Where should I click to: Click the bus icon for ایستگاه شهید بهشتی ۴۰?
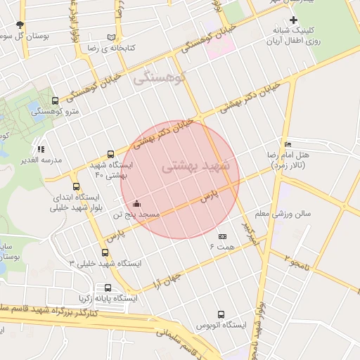pyautogui.click(x=110, y=154)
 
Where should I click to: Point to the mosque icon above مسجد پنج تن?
pyautogui.click(x=136, y=204)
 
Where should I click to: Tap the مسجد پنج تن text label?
pyautogui.click(x=138, y=214)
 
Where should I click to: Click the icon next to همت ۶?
pyautogui.click(x=223, y=237)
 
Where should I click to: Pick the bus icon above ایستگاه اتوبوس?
pyautogui.click(x=221, y=314)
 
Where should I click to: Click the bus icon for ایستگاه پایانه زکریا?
pyautogui.click(x=108, y=288)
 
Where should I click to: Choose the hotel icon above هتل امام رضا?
pyautogui.click(x=286, y=143)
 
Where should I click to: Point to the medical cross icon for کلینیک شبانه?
pyautogui.click(x=294, y=20)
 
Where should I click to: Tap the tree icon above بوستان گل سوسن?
pyautogui.click(x=20, y=25)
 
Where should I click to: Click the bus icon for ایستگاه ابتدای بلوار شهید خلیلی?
pyautogui.click(x=56, y=186)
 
